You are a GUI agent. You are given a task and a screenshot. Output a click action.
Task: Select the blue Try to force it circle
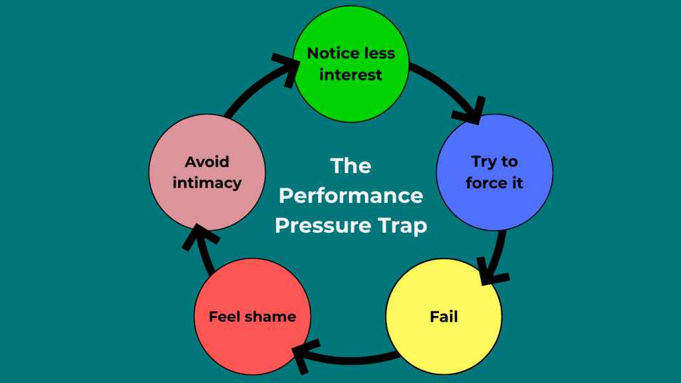click(494, 172)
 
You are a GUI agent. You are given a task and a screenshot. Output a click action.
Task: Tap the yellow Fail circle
click(444, 316)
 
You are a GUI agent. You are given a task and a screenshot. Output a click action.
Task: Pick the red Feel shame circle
click(252, 316)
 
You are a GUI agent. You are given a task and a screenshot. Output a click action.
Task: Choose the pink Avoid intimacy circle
click(207, 172)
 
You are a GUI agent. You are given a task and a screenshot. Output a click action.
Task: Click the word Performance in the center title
click(350, 195)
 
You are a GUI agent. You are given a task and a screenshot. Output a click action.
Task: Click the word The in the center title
click(350, 166)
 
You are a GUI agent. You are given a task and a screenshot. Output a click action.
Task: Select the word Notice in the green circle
click(330, 53)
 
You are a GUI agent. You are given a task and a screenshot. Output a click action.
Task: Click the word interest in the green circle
click(350, 74)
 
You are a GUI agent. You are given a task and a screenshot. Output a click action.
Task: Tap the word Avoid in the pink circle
click(207, 162)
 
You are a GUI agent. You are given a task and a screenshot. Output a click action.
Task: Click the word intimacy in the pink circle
click(207, 183)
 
